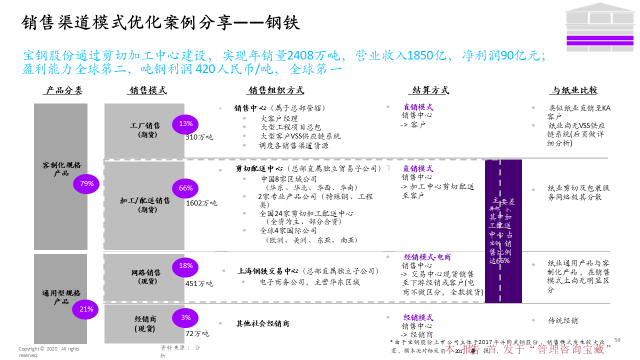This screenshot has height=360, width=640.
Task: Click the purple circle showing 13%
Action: tap(185, 124)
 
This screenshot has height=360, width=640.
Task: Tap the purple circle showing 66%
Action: tap(185, 188)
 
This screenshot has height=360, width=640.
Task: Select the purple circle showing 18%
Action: tap(185, 266)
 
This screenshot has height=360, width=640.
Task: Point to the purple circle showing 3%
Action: tap(185, 318)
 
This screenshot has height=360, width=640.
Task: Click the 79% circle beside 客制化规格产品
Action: tap(86, 184)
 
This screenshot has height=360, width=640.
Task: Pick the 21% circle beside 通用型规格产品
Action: tap(86, 309)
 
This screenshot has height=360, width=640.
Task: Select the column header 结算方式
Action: tap(430, 90)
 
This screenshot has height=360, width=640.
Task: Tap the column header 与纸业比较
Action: tap(574, 90)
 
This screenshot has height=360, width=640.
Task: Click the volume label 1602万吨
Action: tap(201, 203)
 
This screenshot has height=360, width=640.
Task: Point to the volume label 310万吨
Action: tap(199, 137)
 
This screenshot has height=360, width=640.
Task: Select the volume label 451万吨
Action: tap(199, 283)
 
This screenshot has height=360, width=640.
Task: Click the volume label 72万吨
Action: tap(197, 333)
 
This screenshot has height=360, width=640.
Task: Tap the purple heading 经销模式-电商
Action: tap(427, 257)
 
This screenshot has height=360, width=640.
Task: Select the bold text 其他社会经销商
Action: tap(262, 324)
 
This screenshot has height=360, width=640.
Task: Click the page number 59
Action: tap(617, 340)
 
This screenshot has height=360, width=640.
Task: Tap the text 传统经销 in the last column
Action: tap(562, 320)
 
